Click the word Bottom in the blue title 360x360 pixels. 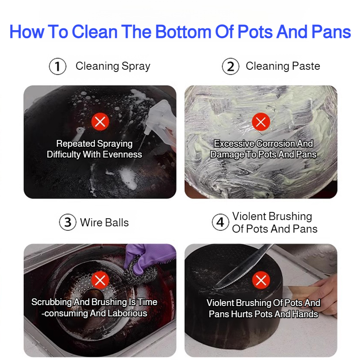183,31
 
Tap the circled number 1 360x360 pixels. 58,66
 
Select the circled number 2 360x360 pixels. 230,66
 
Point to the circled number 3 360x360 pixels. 68,222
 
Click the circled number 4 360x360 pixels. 220,222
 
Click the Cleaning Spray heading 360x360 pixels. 113,66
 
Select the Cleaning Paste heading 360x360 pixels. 283,66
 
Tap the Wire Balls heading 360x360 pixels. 104,222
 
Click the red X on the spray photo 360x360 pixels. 100,121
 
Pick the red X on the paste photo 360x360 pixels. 261,121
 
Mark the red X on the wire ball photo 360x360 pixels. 100,280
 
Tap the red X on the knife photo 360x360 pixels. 261,280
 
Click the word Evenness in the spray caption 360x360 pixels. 122,154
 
